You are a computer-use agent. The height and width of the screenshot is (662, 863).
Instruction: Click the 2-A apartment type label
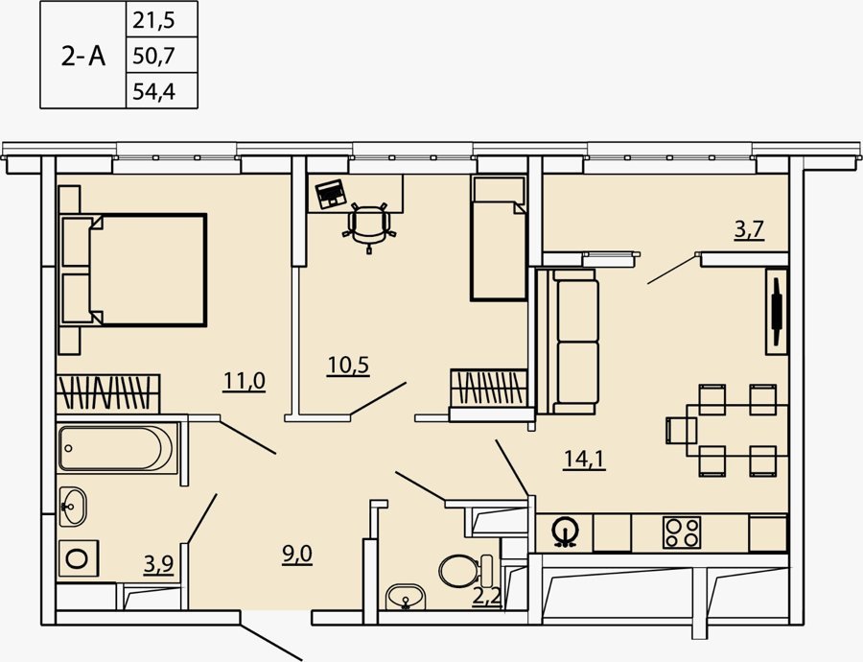pos(82,56)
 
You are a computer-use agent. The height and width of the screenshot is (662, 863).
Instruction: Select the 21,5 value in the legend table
pos(153,21)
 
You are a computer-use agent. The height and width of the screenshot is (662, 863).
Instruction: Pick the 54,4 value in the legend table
pos(154,91)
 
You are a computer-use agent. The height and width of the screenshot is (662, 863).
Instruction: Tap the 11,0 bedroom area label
pos(245,381)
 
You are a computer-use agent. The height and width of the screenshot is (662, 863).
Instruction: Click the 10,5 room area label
pos(348,366)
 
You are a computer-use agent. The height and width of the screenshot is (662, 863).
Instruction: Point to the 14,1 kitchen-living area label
pos(584,460)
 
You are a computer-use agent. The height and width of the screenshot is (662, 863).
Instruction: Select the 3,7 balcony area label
pos(750,229)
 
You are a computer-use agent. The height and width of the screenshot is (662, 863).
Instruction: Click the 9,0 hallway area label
pos(297,554)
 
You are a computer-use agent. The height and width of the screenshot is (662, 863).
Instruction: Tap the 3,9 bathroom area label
pos(158,564)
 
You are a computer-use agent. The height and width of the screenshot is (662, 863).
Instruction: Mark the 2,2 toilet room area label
pos(487,598)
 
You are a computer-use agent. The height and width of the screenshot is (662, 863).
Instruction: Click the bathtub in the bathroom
pos(117,448)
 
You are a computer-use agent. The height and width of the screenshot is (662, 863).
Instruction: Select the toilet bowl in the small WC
pos(466,571)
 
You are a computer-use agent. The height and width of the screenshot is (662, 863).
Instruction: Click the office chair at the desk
pos(368,226)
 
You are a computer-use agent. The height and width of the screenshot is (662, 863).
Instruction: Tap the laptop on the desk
pos(330,194)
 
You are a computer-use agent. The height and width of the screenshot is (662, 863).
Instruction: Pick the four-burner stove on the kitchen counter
pos(682,532)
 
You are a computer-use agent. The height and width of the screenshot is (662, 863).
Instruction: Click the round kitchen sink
pos(565,532)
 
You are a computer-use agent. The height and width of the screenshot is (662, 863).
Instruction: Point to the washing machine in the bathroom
pos(79,558)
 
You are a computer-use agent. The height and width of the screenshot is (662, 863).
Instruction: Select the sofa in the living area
pos(568,341)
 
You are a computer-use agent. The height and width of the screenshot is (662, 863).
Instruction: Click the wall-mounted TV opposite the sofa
pos(777,311)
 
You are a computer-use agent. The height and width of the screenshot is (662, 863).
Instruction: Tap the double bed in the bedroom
pos(133,270)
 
